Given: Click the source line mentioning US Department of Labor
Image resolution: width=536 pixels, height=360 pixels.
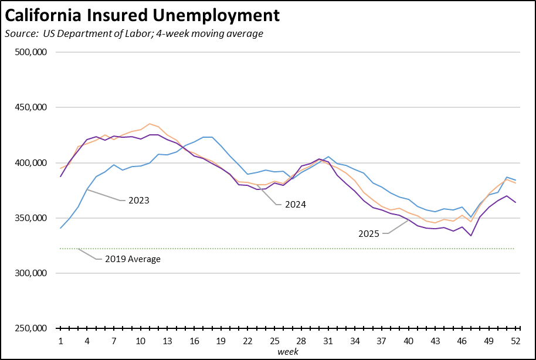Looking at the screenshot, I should coord(134,33).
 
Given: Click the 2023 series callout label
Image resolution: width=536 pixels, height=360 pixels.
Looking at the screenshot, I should coord(139,201).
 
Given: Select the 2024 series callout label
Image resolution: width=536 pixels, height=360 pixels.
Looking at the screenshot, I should coord(296,205).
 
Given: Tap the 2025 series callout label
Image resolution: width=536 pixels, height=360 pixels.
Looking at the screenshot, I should coord(369,233).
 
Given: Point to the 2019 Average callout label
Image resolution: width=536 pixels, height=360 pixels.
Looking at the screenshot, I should coord(133,259).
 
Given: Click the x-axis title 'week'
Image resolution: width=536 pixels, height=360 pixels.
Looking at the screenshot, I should coord(287,352).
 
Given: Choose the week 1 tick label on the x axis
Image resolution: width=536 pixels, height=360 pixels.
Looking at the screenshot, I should coord(60,341).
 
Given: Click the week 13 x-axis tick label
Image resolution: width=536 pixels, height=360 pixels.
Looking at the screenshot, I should coord(168,341).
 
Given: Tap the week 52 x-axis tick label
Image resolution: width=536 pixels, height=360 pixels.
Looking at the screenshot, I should coord(515,341).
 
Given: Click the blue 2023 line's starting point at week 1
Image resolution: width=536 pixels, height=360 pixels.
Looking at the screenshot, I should coord(60,228).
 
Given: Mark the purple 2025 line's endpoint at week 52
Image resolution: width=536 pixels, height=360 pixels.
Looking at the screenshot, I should coord(515,202).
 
